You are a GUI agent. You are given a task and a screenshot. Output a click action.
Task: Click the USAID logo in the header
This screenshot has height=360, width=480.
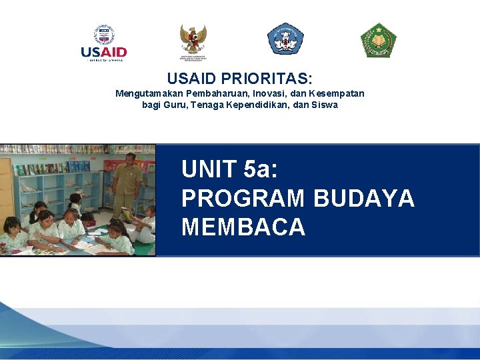[x=103, y=43]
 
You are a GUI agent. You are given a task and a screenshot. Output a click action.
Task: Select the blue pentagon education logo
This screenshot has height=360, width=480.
[x=285, y=39]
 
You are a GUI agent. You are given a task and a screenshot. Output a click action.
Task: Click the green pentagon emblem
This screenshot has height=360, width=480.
[x=378, y=40]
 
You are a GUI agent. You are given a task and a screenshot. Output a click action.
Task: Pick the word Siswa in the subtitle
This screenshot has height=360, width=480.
[x=324, y=105]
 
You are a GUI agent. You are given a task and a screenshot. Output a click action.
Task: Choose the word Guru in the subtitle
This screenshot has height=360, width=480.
[x=175, y=105]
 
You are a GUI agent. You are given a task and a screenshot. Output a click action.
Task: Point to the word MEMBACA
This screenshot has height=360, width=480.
[x=243, y=227]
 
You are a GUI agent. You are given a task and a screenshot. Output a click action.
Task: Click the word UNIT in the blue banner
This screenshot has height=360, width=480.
[x=209, y=170]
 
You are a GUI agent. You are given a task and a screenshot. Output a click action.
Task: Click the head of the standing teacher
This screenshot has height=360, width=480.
[x=130, y=159]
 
